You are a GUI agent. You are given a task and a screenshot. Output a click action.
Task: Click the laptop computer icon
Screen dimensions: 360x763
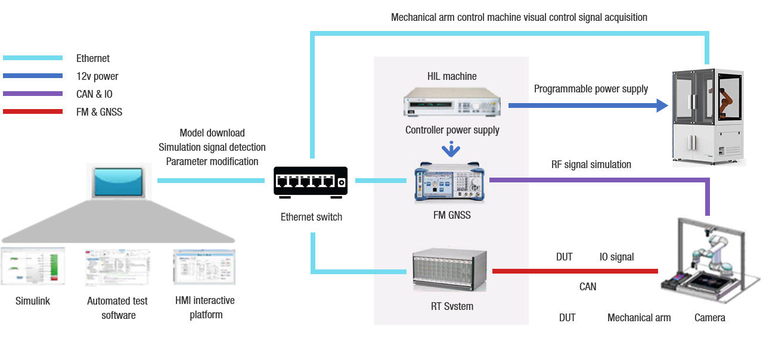(x=118, y=182)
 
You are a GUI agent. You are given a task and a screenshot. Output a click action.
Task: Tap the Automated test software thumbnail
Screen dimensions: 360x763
(x=117, y=266)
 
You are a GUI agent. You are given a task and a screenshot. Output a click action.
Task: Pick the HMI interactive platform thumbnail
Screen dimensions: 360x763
(x=204, y=266)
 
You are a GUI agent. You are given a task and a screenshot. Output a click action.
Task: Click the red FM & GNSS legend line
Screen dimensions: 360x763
(x=33, y=111)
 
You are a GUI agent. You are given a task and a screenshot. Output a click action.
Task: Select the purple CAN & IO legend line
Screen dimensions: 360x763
(x=33, y=94)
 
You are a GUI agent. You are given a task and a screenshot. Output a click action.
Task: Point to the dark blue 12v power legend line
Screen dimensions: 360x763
(x=33, y=76)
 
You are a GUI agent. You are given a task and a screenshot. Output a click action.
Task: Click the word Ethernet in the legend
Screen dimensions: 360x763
(x=93, y=58)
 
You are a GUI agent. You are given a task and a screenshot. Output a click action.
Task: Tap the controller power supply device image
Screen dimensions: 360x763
(x=452, y=102)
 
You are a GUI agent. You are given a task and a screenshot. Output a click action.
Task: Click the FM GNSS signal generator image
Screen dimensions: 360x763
(x=451, y=182)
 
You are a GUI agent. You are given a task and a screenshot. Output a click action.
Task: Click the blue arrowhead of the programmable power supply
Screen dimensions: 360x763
(x=662, y=105)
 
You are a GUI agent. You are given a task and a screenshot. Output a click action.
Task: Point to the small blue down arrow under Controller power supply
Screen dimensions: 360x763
(x=452, y=147)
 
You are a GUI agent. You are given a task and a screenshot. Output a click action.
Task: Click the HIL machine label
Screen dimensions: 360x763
(x=452, y=76)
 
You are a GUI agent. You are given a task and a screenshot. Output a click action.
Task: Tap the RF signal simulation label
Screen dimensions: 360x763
(x=591, y=165)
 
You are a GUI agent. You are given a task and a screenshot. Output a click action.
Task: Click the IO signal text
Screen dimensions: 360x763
(x=616, y=257)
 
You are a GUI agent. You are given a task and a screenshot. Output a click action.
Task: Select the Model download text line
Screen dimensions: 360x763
(x=212, y=133)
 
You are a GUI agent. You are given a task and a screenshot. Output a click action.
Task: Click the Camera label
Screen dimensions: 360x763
(x=709, y=318)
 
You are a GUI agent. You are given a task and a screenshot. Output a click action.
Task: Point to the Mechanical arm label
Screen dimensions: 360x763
(x=638, y=318)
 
